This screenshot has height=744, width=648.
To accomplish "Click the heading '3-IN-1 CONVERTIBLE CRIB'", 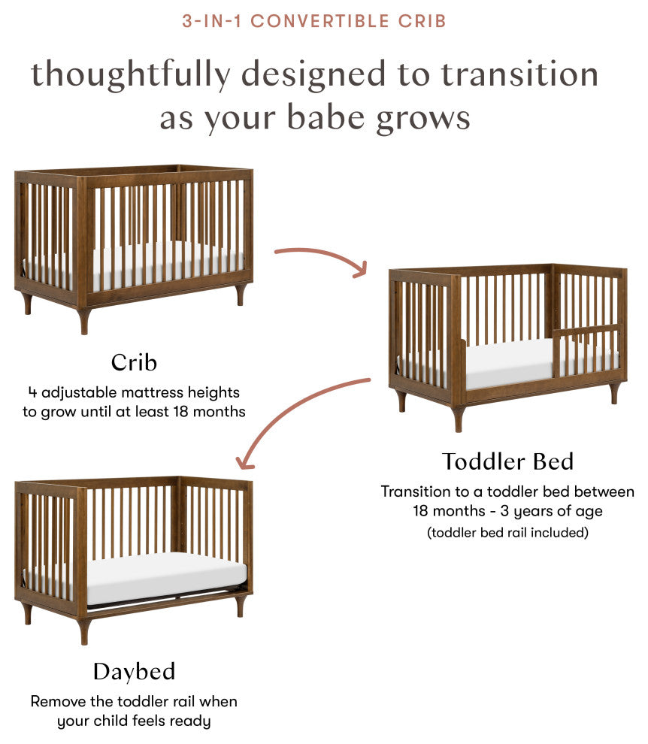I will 314,21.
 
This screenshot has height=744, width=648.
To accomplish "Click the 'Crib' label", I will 134,363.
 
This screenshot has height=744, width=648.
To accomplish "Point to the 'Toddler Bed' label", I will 507,461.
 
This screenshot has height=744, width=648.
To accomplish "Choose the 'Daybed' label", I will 134,671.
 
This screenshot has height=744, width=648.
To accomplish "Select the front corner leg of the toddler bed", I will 458,418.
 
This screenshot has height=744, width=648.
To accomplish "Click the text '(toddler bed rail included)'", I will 507,533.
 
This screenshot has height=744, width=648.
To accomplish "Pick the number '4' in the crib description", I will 32,392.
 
